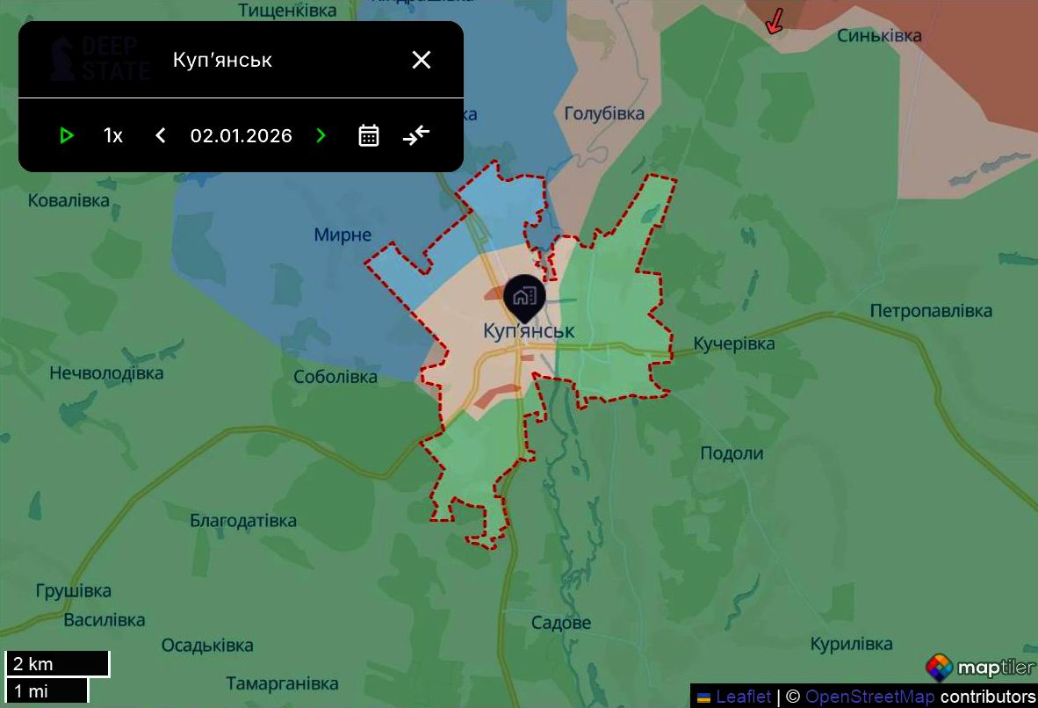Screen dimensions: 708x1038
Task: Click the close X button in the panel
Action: (x=422, y=60)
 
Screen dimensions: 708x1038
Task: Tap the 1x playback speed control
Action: (x=113, y=135)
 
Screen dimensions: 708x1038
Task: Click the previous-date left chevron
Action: (x=161, y=135)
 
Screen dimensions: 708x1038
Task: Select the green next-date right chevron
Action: (x=321, y=135)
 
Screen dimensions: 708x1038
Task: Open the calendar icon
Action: (x=369, y=135)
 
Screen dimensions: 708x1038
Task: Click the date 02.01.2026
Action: (x=241, y=135)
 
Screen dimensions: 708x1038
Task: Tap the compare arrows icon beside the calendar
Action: (x=416, y=135)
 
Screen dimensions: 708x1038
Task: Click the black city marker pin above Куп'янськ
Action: (x=524, y=297)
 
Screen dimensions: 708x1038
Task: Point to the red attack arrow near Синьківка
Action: (x=774, y=22)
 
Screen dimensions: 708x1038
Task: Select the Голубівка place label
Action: (x=604, y=113)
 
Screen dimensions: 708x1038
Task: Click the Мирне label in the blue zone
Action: (x=342, y=235)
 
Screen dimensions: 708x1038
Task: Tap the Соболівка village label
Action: (x=335, y=377)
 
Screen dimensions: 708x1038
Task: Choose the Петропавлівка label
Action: (x=931, y=311)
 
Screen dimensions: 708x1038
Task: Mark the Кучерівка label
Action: (x=734, y=343)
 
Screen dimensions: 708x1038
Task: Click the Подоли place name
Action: (x=732, y=453)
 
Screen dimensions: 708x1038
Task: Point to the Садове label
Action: (x=561, y=623)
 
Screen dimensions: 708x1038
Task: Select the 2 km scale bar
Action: (x=57, y=664)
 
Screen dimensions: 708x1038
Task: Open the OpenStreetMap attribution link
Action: (x=869, y=697)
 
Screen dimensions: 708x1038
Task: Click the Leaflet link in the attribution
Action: (x=743, y=697)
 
